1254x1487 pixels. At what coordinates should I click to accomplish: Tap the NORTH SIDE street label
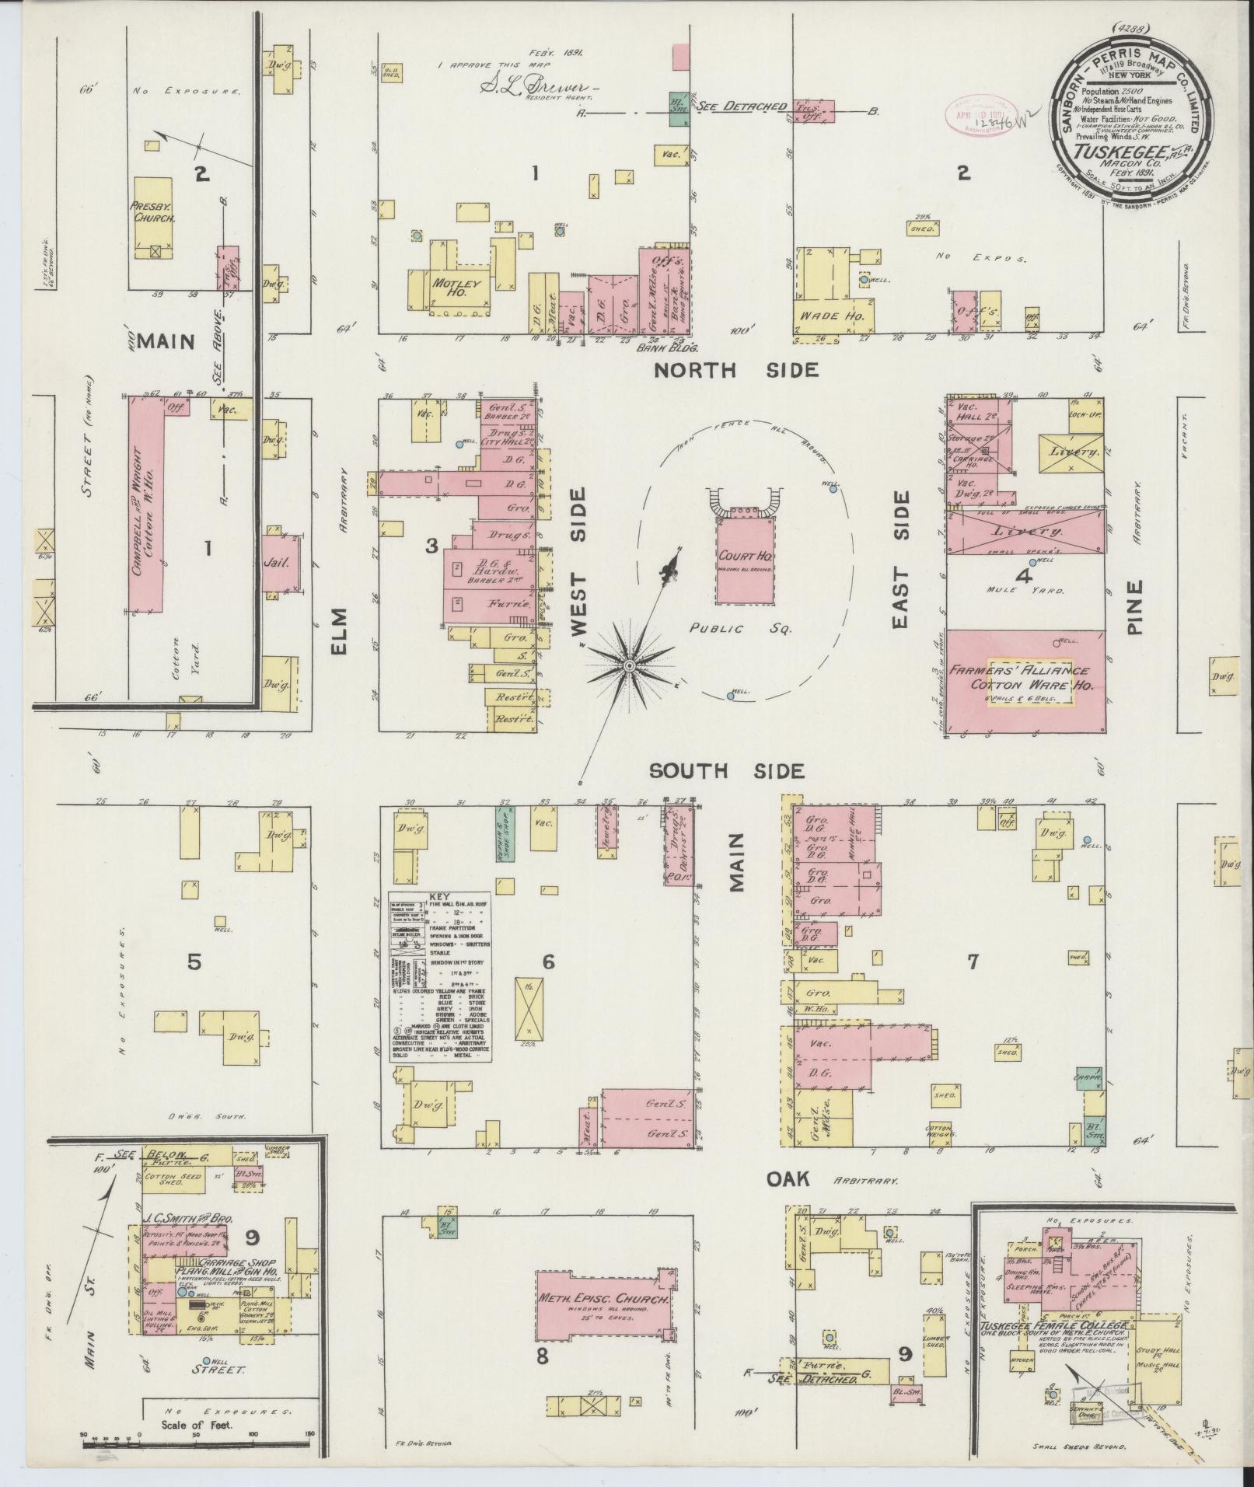coord(735,371)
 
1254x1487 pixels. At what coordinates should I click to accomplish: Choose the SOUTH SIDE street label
coord(725,770)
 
